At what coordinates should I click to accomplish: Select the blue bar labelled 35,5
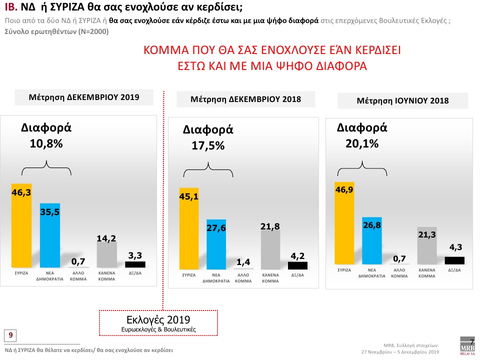point(50,235)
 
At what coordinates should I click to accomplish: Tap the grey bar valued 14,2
point(106,255)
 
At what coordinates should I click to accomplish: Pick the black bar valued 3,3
point(135,264)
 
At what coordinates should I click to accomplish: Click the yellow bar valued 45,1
point(189,229)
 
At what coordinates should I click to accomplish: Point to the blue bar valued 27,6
point(216,244)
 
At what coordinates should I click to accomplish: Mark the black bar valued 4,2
point(297,265)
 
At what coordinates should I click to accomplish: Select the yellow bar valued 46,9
point(344,223)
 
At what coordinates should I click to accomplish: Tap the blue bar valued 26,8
point(372,240)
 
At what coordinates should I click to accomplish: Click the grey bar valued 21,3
point(426,245)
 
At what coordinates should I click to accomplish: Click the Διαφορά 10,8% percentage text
point(46,143)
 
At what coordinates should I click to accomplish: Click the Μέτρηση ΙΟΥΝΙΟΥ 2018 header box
point(402,100)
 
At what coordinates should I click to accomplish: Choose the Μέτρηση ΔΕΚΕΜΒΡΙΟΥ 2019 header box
point(84,97)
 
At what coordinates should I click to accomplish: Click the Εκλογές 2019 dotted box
point(158,323)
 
